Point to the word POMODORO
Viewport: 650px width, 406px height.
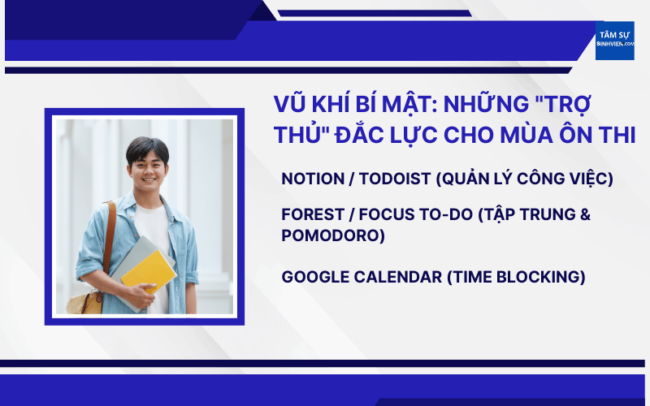pos(333,235)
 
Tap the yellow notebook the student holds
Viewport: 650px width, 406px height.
pos(149,271)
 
